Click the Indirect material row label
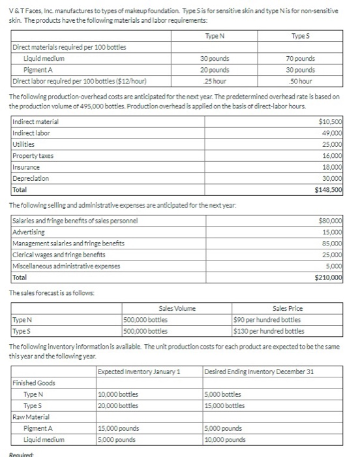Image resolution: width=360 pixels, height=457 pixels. pos(36,122)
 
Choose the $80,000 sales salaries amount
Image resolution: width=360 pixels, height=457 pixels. pos(331,221)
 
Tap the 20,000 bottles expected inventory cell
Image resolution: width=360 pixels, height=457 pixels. pos(118,405)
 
